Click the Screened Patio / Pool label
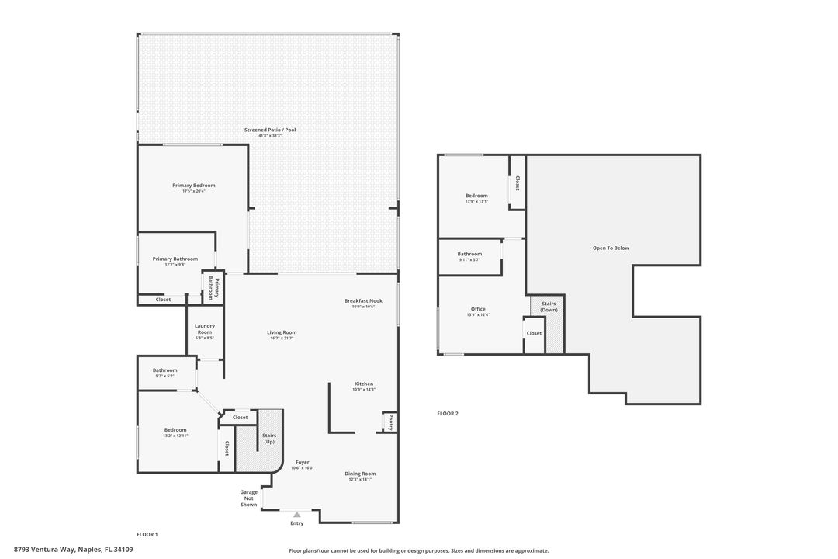tap(270, 130)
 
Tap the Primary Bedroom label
tap(193, 186)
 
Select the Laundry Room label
tap(204, 329)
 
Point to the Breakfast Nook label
tap(363, 300)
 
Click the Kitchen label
tap(364, 384)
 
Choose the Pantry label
tap(390, 422)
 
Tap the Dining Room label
tap(360, 474)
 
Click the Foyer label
tap(302, 462)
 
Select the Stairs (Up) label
tap(269, 439)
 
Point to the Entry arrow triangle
tap(296, 514)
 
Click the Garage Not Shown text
tap(248, 498)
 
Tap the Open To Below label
tap(611, 248)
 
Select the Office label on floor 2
tap(478, 309)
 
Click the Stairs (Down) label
tap(549, 307)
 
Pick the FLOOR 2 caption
tap(448, 414)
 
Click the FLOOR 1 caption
tap(147, 535)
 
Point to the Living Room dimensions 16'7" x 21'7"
tap(282, 338)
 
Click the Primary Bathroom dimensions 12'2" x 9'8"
tap(175, 265)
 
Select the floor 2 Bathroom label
tap(469, 254)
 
